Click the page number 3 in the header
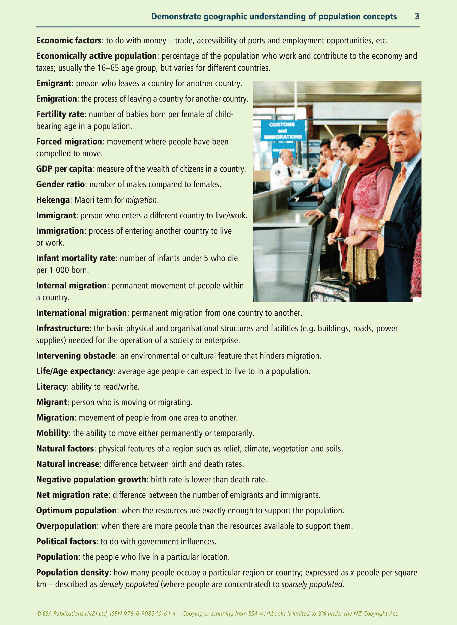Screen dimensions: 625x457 point(417,17)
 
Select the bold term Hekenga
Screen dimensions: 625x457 point(53,200)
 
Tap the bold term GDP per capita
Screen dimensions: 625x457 point(64,169)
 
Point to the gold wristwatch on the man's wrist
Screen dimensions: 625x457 point(381,225)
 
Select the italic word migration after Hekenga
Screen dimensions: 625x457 point(141,200)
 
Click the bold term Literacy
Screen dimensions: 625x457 point(51,387)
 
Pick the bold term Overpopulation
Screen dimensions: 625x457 point(66,526)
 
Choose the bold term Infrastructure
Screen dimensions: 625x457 point(62,328)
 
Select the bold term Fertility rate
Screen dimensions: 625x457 point(60,114)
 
